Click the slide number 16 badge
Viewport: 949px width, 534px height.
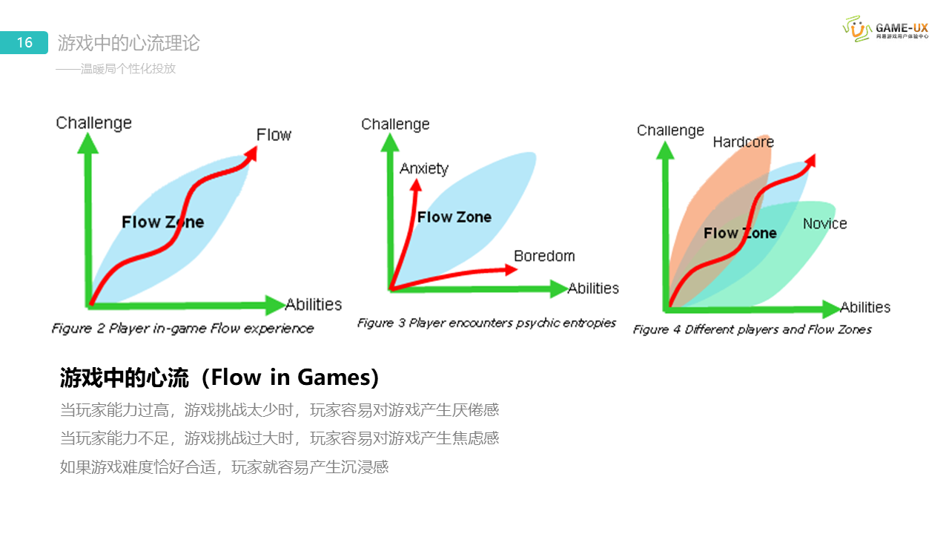pyautogui.click(x=24, y=43)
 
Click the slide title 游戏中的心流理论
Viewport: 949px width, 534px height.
pyautogui.click(x=129, y=43)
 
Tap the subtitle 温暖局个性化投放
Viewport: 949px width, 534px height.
pyautogui.click(x=117, y=69)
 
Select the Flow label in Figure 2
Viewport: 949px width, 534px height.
pyautogui.click(x=274, y=135)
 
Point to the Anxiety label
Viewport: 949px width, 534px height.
pyautogui.click(x=424, y=168)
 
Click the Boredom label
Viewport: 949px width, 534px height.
pyautogui.click(x=544, y=256)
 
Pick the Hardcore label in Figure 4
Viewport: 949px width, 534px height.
pyautogui.click(x=743, y=142)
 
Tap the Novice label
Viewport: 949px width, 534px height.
pyautogui.click(x=824, y=223)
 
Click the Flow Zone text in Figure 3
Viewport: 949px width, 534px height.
pyautogui.click(x=454, y=217)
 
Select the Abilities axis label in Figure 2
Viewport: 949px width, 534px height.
pyautogui.click(x=314, y=304)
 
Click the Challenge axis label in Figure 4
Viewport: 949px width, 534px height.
pyautogui.click(x=670, y=131)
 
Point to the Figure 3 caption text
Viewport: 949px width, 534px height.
pyautogui.click(x=486, y=323)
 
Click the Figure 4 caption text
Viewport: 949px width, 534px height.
pyautogui.click(x=753, y=329)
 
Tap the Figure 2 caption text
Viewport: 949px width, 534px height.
pyautogui.click(x=182, y=328)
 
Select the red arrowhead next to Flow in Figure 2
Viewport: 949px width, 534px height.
pyautogui.click(x=251, y=152)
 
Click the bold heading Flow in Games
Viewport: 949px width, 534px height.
pyautogui.click(x=220, y=378)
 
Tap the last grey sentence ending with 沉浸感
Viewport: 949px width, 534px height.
pyautogui.click(x=224, y=467)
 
